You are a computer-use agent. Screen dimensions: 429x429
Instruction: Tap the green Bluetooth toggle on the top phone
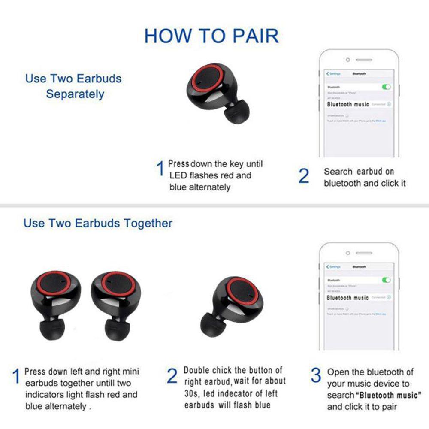387,87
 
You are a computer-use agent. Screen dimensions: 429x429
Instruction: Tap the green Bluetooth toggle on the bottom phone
387,280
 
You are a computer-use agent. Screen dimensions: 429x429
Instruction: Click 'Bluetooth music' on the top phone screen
348,104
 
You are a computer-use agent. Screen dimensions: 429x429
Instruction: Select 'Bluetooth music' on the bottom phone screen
347,297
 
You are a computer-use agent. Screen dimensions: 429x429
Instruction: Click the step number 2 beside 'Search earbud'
304,176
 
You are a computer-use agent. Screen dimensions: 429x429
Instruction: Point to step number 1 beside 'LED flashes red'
160,169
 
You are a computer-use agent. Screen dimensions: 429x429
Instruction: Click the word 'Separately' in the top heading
75,94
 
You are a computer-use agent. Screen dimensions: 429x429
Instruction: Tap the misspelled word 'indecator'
238,393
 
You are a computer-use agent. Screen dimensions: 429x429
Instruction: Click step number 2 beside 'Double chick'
172,376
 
